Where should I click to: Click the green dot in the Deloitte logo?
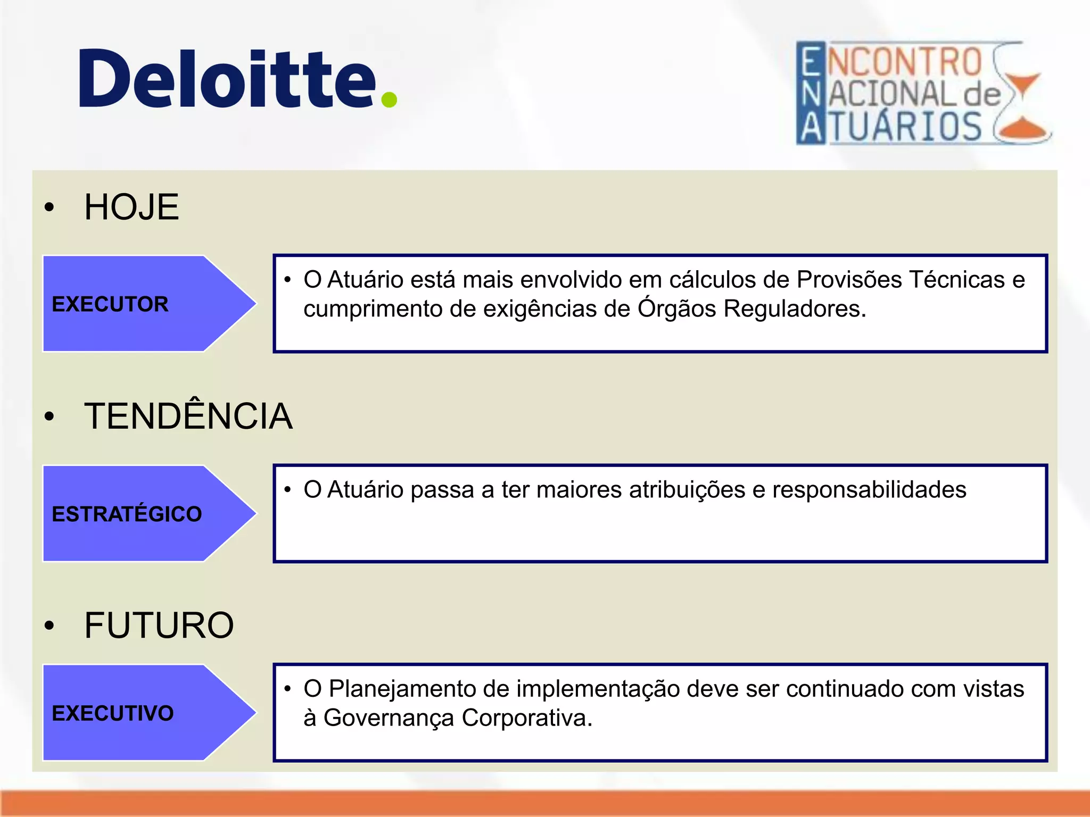389,99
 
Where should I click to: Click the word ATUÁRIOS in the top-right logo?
906,128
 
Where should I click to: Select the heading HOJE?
131,207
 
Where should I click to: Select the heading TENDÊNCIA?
188,416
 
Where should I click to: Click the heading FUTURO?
159,626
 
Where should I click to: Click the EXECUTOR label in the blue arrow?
110,304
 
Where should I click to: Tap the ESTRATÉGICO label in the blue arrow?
127,514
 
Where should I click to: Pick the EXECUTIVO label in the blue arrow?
113,713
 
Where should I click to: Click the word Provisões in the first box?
849,280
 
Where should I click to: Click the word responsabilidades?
869,490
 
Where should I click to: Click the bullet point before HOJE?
49,207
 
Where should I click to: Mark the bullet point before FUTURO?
49,626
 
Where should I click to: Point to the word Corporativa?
527,718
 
